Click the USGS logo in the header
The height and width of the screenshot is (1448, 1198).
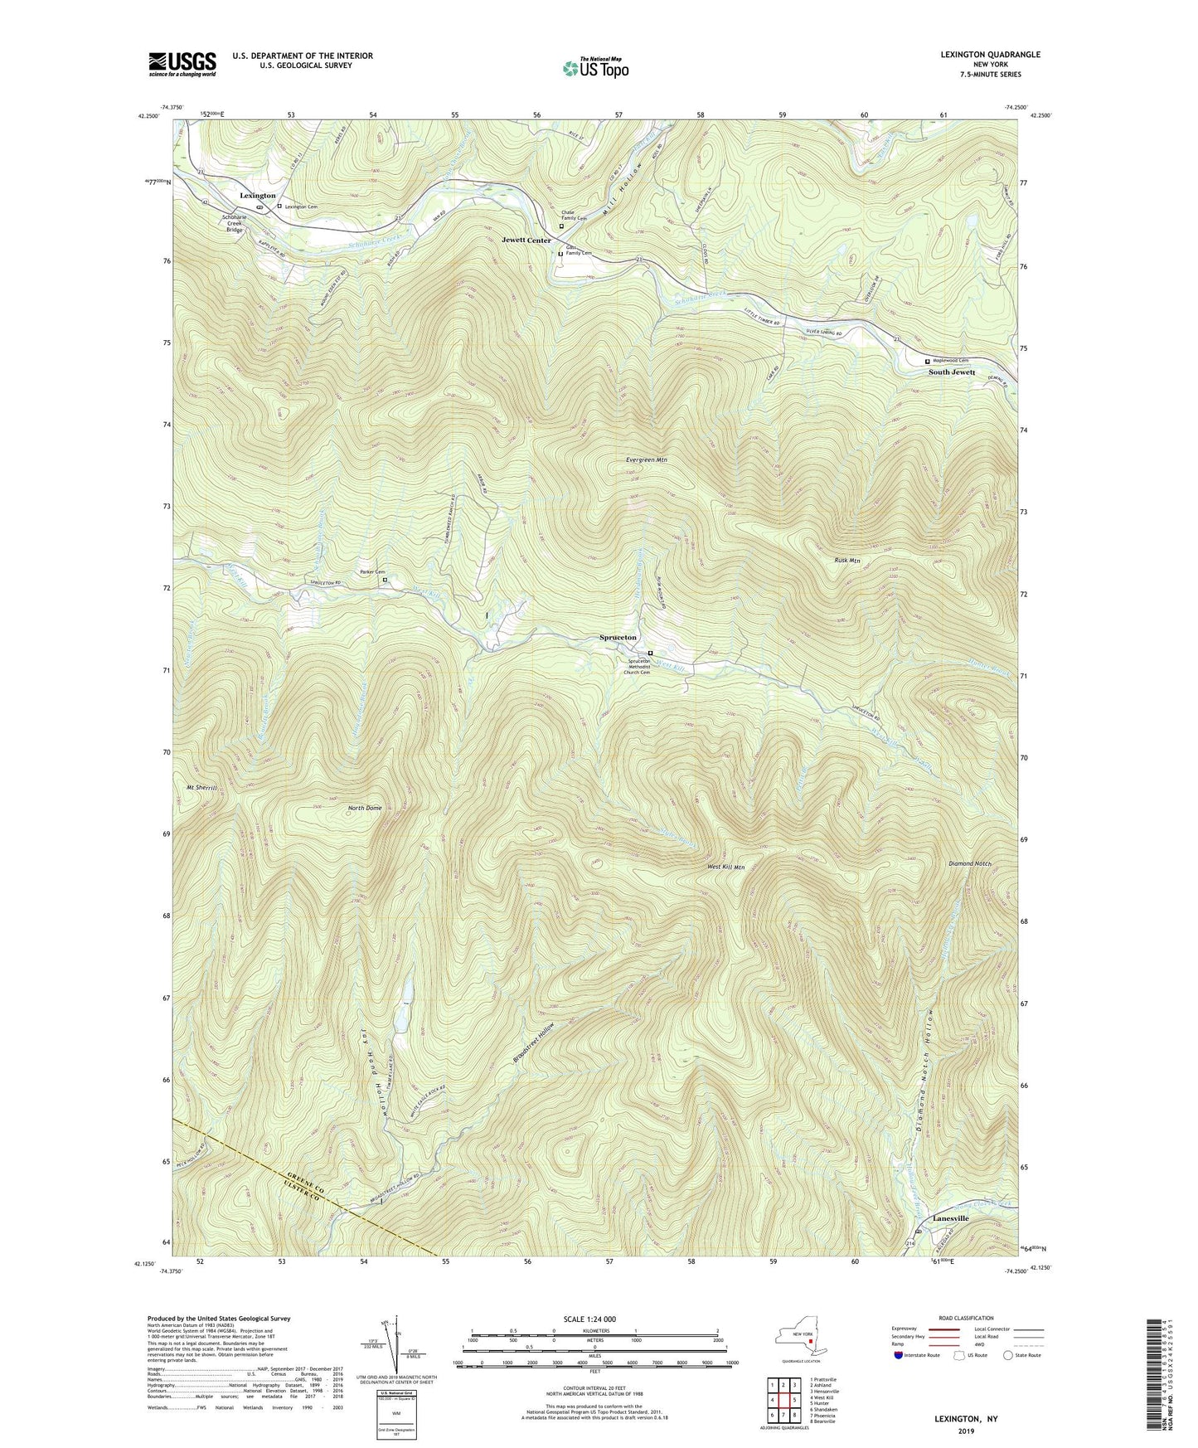click(x=182, y=63)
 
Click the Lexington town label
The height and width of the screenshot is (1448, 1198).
click(x=258, y=196)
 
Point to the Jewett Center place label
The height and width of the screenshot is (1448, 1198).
click(x=526, y=241)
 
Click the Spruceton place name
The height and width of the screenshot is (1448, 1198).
click(x=618, y=637)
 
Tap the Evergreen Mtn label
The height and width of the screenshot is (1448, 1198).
click(x=647, y=459)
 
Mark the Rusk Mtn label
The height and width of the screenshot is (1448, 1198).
click(x=846, y=561)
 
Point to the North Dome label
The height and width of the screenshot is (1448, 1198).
click(x=365, y=808)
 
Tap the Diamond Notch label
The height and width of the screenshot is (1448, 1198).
click(x=969, y=863)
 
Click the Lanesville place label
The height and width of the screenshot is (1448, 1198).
click(x=950, y=1218)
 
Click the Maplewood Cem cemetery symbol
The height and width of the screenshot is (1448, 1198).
click(x=928, y=362)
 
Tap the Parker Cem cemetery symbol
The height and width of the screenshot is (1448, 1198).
click(x=385, y=581)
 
